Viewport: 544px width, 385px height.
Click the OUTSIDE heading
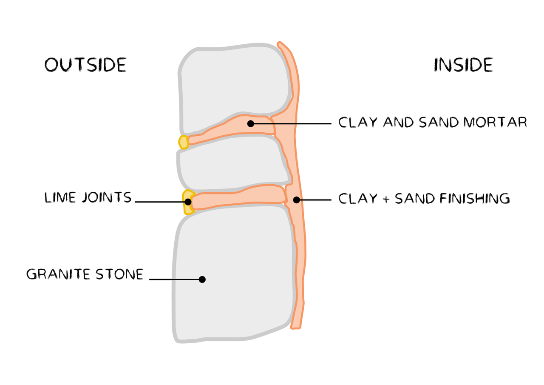85,65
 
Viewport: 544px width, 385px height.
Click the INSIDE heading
463,65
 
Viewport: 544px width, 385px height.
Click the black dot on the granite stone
202,279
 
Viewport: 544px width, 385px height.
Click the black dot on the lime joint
188,202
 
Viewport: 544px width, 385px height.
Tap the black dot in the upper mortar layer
251,124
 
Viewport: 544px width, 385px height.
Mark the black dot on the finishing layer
297,200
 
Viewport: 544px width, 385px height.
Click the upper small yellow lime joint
184,142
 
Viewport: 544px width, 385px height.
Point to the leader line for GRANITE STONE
174,279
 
